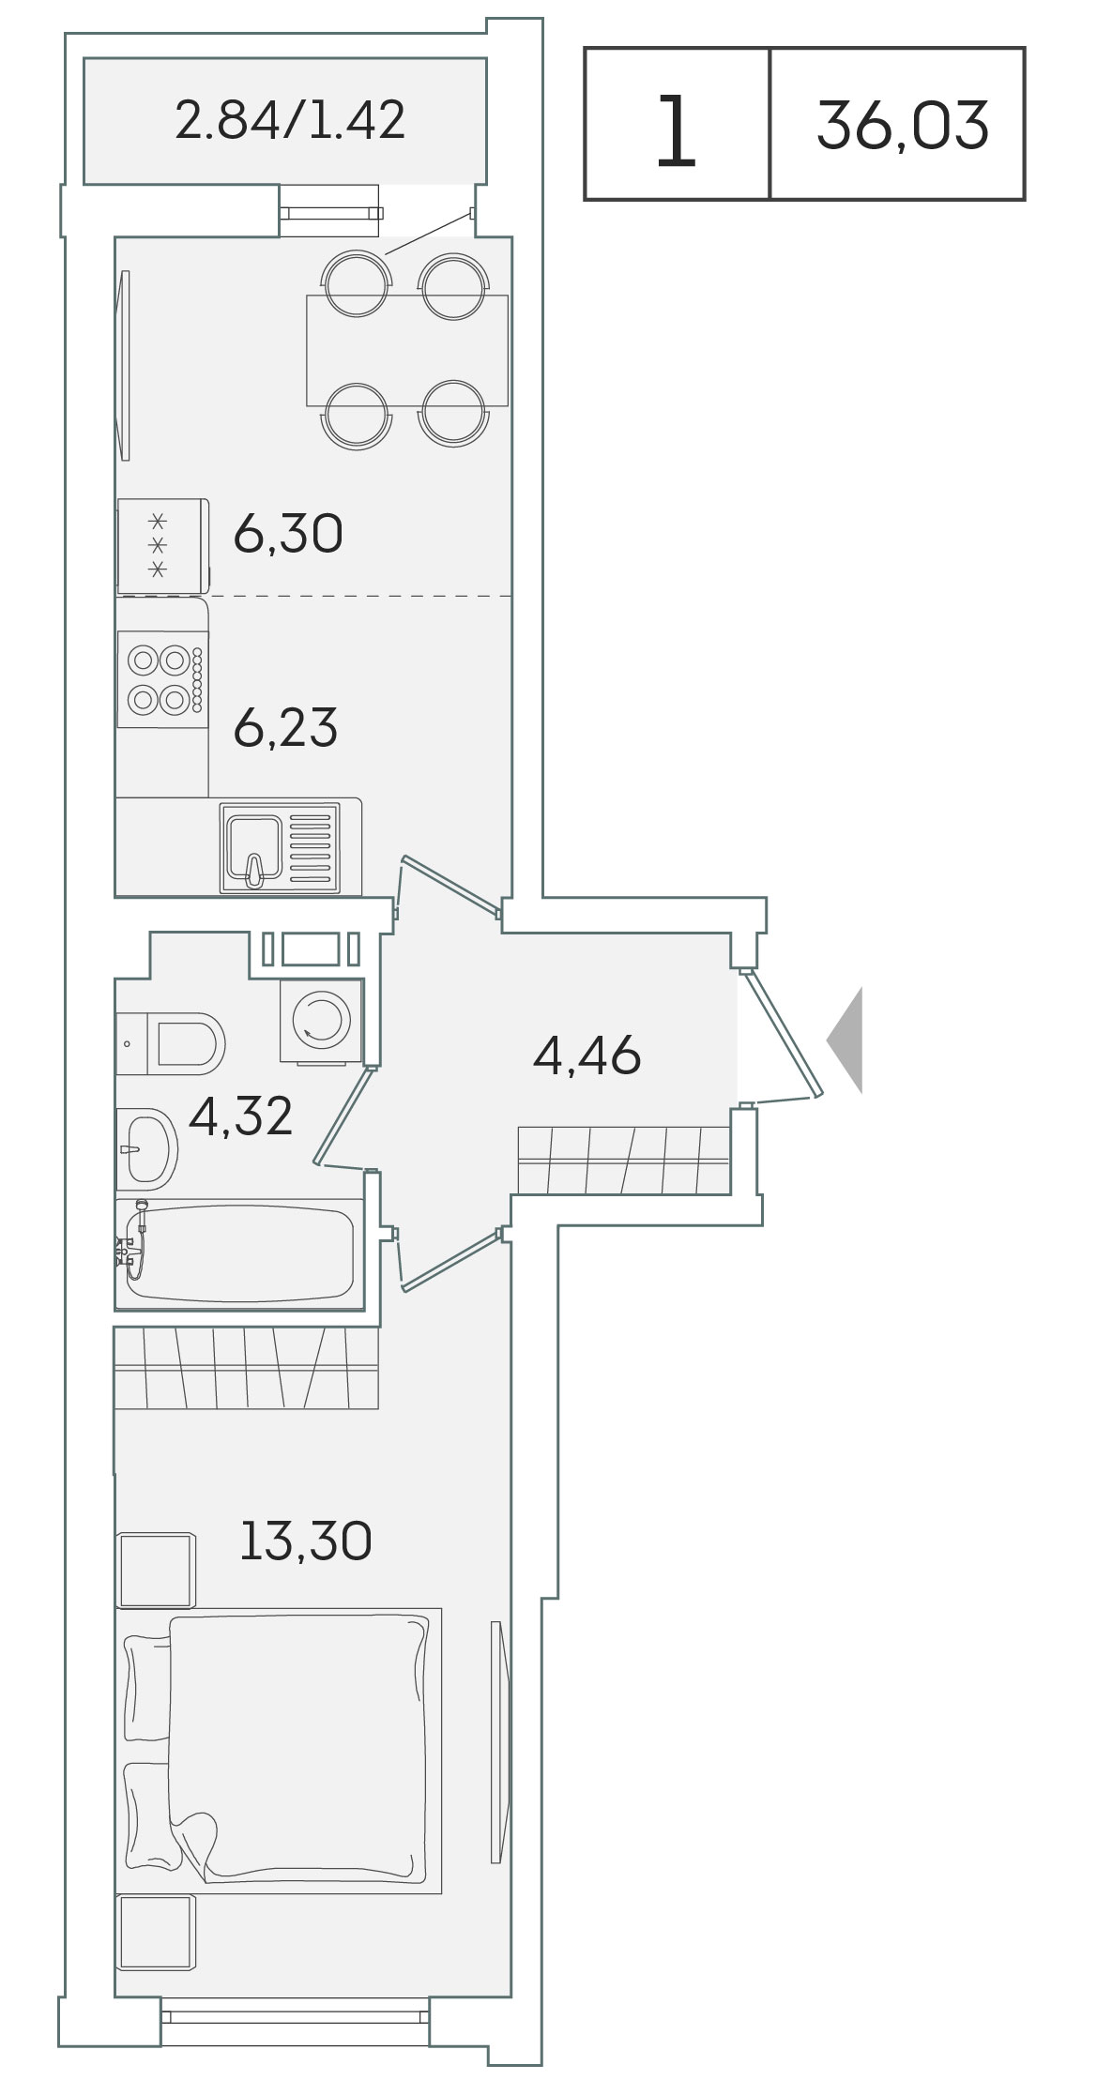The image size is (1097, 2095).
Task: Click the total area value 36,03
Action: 903,126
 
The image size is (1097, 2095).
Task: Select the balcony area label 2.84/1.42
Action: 290,120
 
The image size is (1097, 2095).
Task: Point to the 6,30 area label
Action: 288,535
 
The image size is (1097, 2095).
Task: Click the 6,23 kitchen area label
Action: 285,728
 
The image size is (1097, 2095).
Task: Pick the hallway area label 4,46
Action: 587,1055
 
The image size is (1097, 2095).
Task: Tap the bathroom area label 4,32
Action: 241,1116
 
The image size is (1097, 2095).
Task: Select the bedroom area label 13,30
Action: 306,1541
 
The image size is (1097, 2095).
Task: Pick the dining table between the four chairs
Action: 407,351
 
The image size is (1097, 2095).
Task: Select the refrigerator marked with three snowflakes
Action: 162,546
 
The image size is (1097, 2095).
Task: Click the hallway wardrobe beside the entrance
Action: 624,1161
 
